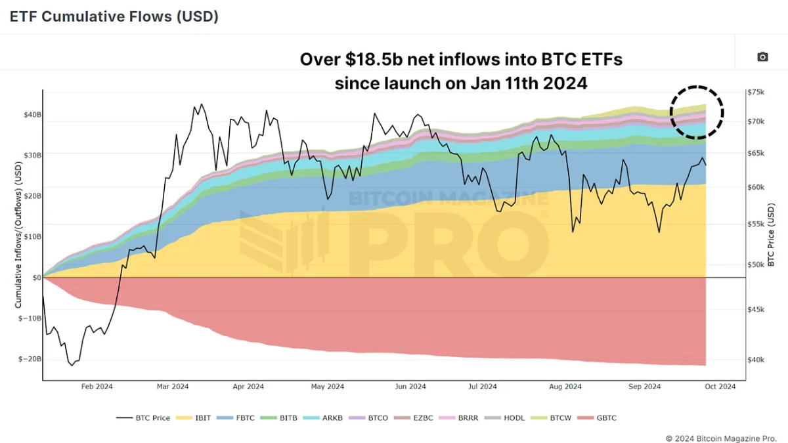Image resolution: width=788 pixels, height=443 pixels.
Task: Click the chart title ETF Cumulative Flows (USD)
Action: click(x=114, y=17)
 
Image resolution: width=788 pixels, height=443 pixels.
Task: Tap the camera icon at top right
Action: click(x=762, y=57)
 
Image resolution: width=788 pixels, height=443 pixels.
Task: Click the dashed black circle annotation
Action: click(x=697, y=112)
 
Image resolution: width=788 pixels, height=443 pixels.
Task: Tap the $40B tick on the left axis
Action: click(x=32, y=115)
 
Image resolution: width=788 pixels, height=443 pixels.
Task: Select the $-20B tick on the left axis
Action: click(x=30, y=359)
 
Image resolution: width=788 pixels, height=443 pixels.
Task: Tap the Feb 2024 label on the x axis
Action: click(x=97, y=387)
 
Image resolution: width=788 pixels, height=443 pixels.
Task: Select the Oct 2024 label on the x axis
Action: click(x=720, y=387)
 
